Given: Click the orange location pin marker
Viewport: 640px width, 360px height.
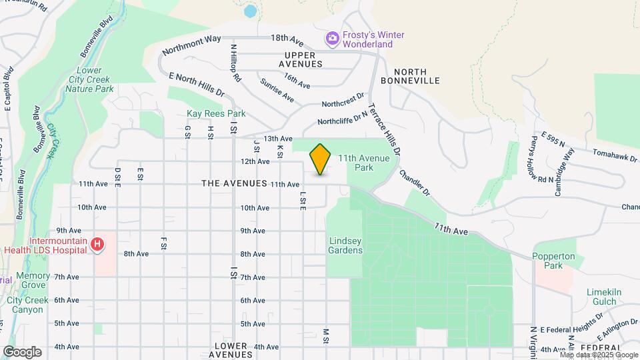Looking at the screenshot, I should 321,159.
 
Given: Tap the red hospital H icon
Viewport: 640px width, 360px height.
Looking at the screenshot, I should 97,245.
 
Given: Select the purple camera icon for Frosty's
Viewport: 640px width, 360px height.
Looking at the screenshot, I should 332,39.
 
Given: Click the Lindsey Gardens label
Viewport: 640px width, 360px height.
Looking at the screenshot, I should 345,245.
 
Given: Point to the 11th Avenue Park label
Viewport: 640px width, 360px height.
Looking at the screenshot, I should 365,163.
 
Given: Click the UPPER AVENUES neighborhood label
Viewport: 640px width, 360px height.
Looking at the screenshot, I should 303,59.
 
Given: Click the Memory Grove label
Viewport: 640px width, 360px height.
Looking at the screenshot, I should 33,281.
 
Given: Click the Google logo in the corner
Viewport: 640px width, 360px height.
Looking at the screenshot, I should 22,351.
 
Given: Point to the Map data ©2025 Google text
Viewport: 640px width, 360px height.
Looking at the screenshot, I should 599,355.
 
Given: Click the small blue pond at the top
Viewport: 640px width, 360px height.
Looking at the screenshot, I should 250,11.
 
